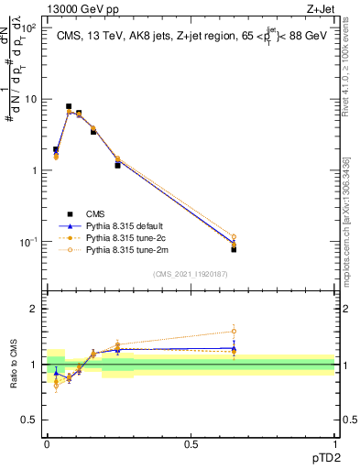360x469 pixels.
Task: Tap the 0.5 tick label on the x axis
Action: pyautogui.click(x=191, y=442)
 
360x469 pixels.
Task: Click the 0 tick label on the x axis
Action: pyautogui.click(x=47, y=442)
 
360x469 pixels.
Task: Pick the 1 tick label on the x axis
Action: pyautogui.click(x=334, y=442)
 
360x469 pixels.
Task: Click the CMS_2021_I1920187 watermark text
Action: pyautogui.click(x=191, y=274)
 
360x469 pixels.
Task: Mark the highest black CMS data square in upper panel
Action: pyautogui.click(x=69, y=106)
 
